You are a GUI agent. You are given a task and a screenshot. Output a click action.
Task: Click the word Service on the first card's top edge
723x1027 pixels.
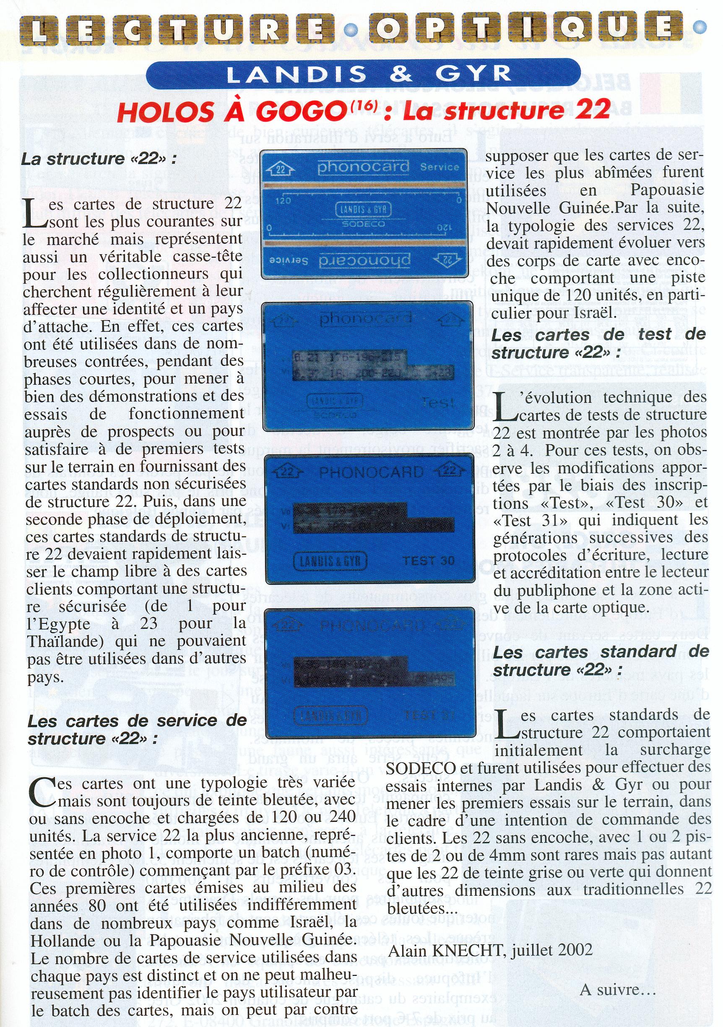440,167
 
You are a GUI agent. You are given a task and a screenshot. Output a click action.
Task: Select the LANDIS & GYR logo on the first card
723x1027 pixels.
363,209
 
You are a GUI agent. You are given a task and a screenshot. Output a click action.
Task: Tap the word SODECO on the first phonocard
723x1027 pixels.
363,224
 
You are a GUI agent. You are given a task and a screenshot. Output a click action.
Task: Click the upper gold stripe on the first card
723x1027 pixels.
363,185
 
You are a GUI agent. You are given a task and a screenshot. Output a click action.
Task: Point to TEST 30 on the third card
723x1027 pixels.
428,561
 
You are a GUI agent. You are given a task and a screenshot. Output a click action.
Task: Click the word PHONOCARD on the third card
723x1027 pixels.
371,472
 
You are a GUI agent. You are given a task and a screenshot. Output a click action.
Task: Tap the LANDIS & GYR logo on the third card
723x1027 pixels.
330,561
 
